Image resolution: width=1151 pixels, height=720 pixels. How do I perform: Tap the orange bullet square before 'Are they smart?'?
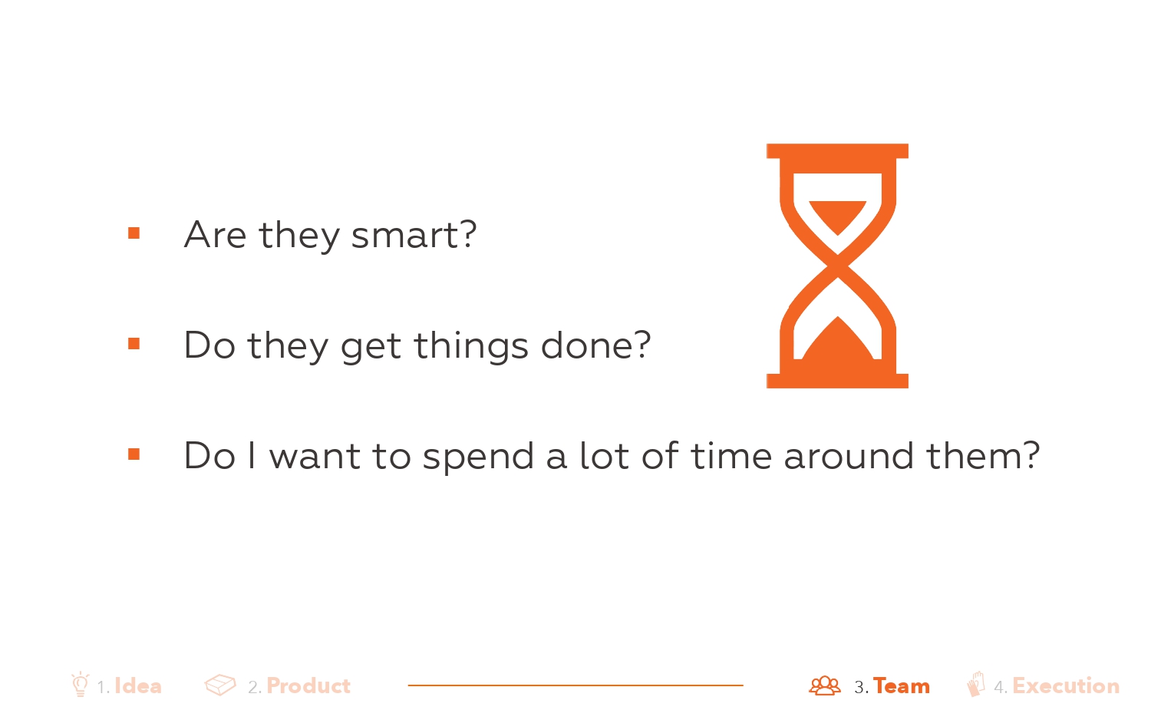(134, 233)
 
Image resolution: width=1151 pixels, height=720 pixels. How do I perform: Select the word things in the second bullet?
(471, 345)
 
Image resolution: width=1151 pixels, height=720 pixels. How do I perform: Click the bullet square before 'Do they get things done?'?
(134, 343)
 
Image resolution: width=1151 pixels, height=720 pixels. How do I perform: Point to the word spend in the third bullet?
(478, 455)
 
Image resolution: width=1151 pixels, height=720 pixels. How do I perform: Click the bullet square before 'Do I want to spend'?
(134, 454)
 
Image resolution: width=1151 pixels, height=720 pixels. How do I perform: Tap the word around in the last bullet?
(849, 455)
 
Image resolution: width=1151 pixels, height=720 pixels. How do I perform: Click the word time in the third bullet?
(731, 455)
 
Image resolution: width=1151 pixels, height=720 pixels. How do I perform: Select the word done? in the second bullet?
(596, 345)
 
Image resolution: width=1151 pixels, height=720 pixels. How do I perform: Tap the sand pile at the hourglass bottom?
(838, 345)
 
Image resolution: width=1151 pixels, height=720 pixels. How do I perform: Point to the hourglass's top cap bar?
(838, 151)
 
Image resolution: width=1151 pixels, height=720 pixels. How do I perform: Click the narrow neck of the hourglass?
(838, 266)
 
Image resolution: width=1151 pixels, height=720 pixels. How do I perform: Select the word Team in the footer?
(902, 686)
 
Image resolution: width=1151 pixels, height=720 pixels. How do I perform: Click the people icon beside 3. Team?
(825, 685)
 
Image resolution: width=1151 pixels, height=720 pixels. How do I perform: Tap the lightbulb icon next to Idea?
(80, 684)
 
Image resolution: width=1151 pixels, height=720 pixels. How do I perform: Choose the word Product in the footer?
(308, 686)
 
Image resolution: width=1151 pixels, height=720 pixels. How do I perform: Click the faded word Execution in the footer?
(1066, 686)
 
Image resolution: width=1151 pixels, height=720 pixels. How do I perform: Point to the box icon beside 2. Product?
(220, 685)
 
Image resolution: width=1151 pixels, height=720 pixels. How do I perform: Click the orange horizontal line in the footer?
(575, 685)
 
